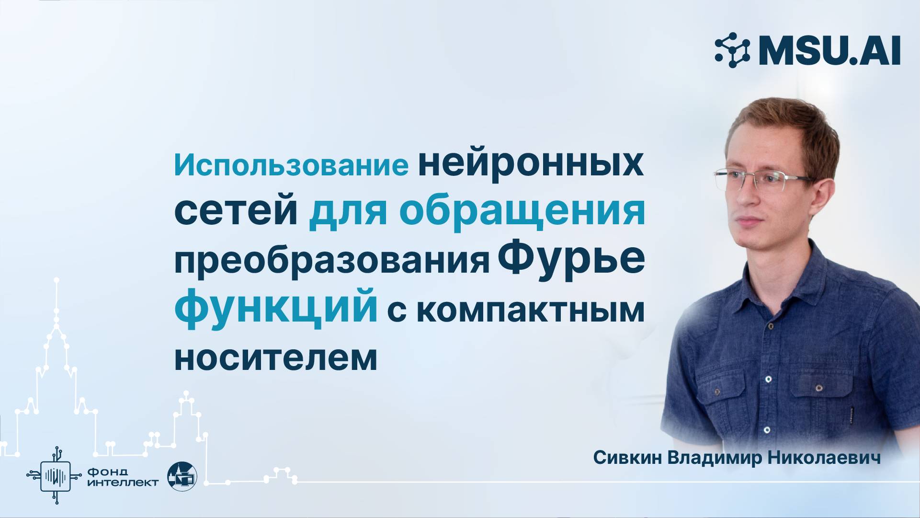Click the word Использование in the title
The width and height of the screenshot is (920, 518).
[291, 166]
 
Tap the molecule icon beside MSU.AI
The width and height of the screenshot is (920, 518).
[732, 50]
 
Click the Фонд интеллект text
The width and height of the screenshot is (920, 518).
[123, 477]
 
